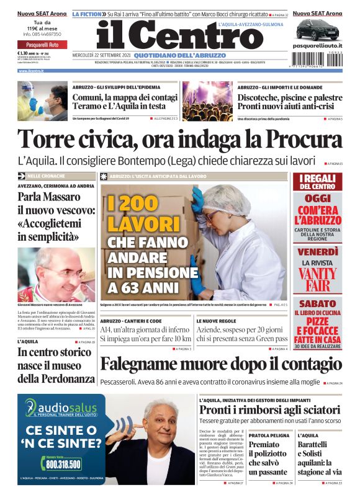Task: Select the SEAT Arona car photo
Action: point(317,29)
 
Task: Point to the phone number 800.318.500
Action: point(63,464)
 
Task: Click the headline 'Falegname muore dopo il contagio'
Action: point(220,364)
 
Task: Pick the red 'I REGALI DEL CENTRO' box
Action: point(317,182)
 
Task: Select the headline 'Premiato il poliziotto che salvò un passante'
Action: point(268,458)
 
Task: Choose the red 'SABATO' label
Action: point(317,304)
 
